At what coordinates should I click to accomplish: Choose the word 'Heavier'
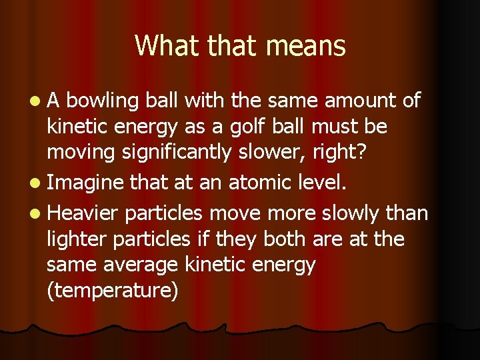point(84,213)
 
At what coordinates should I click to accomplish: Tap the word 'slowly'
point(349,213)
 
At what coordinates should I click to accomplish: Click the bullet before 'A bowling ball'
point(34,101)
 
